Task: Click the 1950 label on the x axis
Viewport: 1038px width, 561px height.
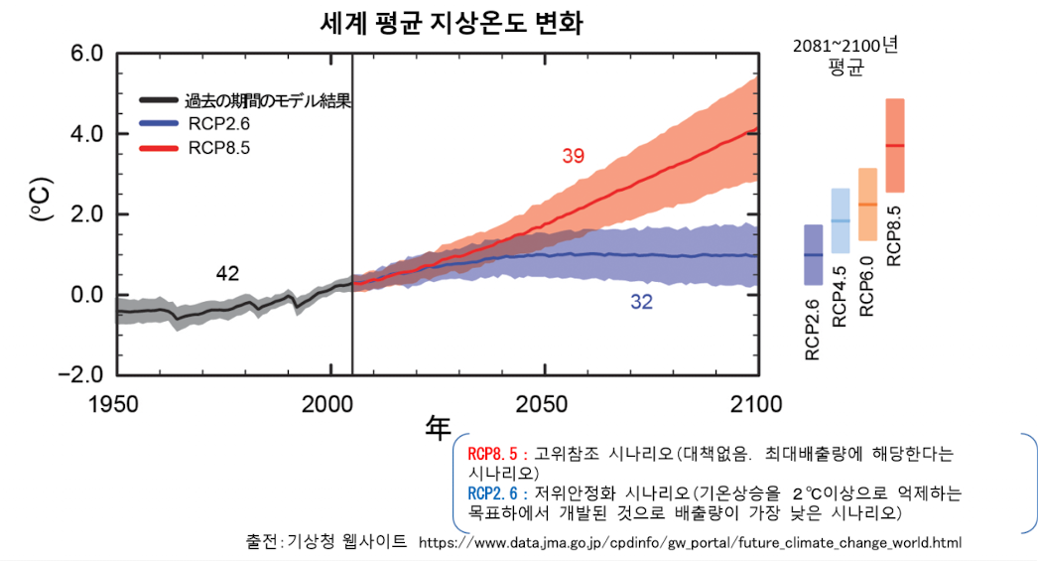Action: [x=116, y=404]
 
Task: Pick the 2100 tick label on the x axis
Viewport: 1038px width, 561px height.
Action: [x=756, y=404]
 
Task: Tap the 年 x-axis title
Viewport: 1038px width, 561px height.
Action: [x=438, y=428]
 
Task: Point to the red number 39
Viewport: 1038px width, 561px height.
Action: [x=574, y=157]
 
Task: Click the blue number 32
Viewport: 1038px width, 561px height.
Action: [x=642, y=303]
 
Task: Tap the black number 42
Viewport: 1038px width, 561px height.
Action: [x=228, y=274]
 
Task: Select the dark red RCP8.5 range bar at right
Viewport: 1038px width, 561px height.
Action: [x=894, y=145]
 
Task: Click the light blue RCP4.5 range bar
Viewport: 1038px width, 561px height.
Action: [x=840, y=220]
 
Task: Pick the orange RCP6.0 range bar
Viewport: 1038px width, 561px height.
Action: [x=866, y=205]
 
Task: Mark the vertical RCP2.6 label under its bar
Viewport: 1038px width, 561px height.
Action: [x=813, y=329]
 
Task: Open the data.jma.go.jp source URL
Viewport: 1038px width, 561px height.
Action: [x=690, y=543]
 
